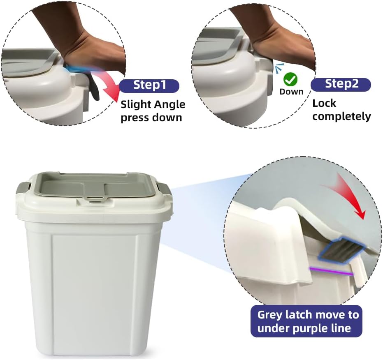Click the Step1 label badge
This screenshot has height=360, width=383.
pos(150,85)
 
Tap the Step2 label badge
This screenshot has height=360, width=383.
pos(341,84)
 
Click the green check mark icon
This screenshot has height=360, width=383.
pos(291,79)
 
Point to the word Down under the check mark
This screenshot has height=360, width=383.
pos(291,92)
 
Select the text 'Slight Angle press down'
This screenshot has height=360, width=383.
pos(153,111)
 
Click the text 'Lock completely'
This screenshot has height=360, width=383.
pos(341,110)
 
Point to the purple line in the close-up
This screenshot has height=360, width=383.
pos(331,271)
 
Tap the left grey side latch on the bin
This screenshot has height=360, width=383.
pos(23,189)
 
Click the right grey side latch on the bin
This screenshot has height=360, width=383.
pos(166,189)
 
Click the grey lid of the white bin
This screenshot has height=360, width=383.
pos(95,185)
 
